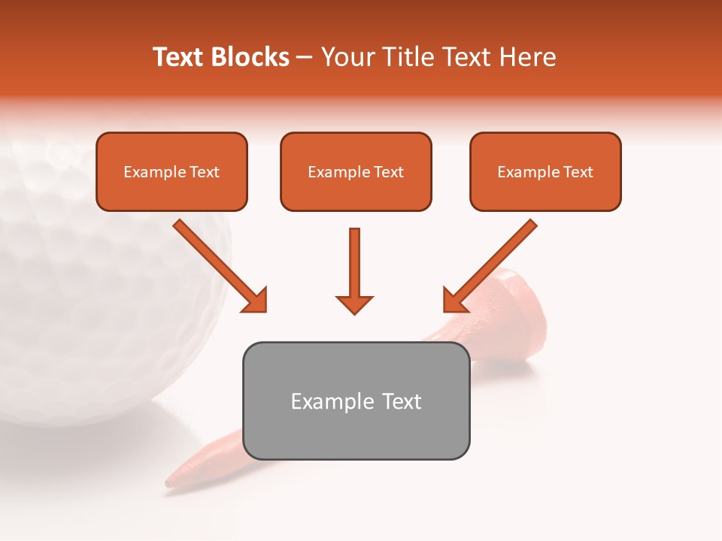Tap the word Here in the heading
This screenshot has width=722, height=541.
[x=529, y=57]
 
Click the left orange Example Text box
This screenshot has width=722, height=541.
[x=171, y=171]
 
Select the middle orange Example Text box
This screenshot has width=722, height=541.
[x=356, y=171]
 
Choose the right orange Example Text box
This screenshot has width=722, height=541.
[x=545, y=171]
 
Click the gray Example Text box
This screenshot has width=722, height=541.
[x=356, y=400]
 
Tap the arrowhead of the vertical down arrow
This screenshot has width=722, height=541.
[x=354, y=304]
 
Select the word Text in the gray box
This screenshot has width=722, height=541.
[x=402, y=401]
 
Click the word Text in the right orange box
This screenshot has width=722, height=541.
[x=578, y=172]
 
